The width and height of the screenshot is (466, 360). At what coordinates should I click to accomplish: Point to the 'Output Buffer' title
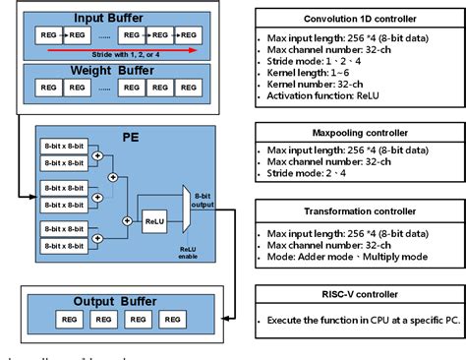[x=105, y=299]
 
